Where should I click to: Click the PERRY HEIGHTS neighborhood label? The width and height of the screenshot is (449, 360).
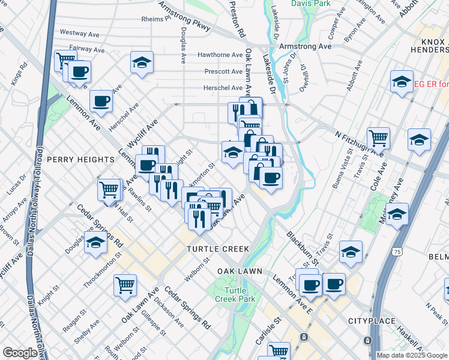click(x=80, y=160)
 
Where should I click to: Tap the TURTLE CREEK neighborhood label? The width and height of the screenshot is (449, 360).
click(x=217, y=248)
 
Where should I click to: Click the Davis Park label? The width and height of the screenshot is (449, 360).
click(x=311, y=4)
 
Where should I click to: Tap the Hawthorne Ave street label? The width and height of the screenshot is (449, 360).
click(x=220, y=55)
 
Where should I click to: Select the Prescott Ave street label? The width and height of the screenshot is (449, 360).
click(x=223, y=71)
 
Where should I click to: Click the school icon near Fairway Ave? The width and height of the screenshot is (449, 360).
click(x=142, y=62)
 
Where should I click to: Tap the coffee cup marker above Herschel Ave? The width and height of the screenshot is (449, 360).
click(x=101, y=100)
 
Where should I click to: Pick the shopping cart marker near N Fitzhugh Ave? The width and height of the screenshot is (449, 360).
click(x=378, y=138)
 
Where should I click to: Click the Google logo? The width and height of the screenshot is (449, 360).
click(x=19, y=353)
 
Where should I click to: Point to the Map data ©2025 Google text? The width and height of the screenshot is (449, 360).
click(x=412, y=355)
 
